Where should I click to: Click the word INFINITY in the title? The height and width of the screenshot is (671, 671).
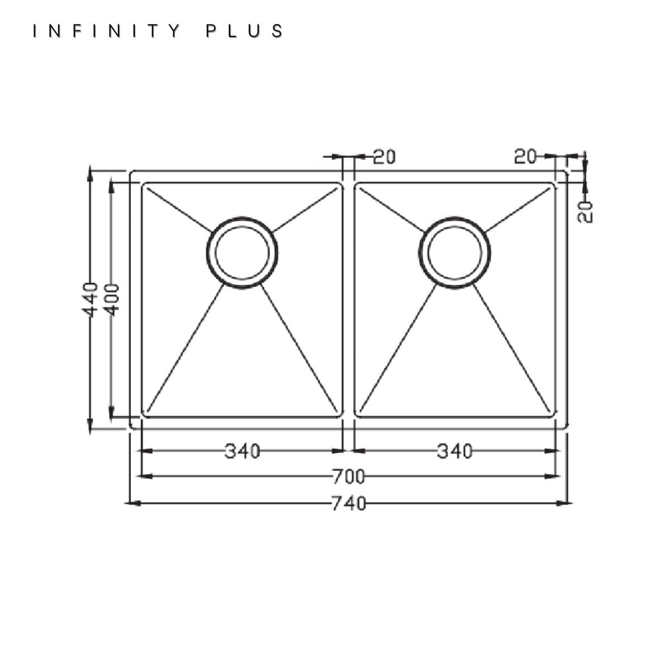(107, 31)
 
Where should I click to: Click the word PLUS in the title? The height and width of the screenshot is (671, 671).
(244, 31)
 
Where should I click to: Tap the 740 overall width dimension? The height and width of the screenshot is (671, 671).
(348, 503)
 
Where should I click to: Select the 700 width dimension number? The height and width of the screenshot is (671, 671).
(348, 477)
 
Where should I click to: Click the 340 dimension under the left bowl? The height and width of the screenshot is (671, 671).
(242, 451)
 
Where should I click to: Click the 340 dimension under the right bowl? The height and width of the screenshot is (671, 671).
(455, 451)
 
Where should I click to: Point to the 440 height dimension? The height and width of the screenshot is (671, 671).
(90, 300)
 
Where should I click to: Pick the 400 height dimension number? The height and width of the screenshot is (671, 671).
(112, 300)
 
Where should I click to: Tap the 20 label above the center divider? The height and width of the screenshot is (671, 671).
(384, 157)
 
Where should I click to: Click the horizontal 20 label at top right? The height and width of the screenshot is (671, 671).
(526, 157)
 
